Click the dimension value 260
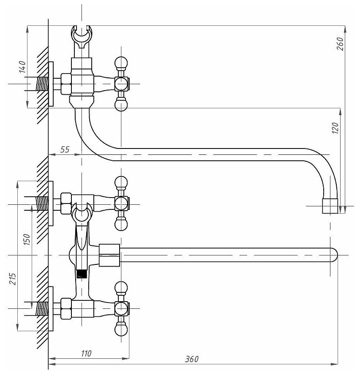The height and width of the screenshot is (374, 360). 342,41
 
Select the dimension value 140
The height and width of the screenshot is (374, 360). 22,67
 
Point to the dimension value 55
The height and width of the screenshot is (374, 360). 64,149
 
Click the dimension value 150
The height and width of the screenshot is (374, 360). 27,240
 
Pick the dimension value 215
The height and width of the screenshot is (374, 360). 12,279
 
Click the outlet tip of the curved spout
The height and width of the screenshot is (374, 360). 330,206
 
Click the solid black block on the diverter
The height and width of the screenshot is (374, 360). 82,274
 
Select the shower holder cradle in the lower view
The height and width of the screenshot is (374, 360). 82,212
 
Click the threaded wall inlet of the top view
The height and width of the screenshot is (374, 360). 42,84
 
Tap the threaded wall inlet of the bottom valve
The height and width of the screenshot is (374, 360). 42,308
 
